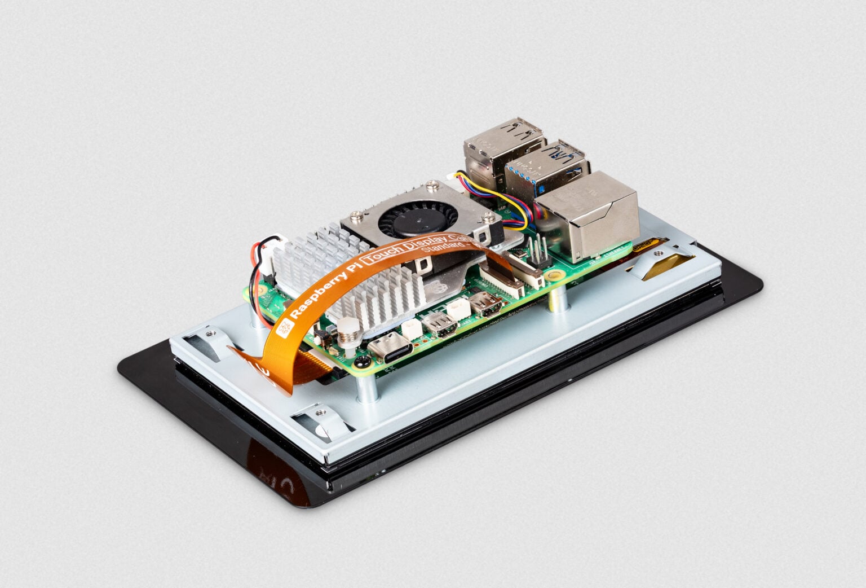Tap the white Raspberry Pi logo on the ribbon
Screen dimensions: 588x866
pos(286,326)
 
